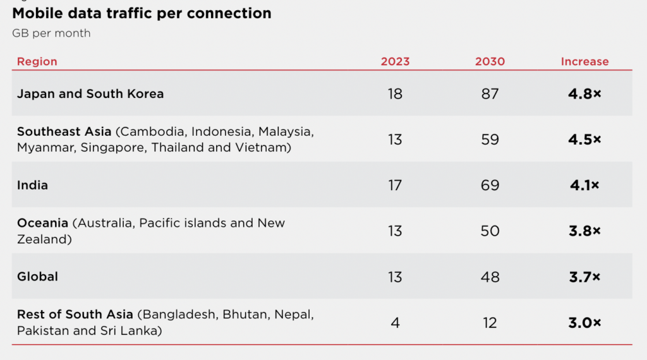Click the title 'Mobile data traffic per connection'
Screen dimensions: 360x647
[142, 13]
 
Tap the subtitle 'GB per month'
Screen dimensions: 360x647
[51, 33]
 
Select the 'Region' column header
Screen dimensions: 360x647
[37, 61]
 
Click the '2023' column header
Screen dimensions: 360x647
[395, 61]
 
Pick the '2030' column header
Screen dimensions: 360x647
[490, 61]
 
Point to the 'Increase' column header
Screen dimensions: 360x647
[584, 61]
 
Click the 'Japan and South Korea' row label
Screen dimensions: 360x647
[90, 93]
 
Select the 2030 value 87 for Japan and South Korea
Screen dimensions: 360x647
[490, 94]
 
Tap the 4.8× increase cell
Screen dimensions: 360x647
[584, 94]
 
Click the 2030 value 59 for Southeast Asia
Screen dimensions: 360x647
[490, 140]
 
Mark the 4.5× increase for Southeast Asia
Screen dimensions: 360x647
[584, 140]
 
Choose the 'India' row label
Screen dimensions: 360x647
[32, 185]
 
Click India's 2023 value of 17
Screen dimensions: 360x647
[395, 186]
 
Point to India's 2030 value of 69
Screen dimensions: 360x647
[490, 186]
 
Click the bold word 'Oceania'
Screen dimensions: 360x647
[42, 223]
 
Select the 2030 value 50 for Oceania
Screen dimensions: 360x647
[490, 231]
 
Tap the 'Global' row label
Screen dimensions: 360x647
[37, 276]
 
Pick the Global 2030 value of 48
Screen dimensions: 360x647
[490, 277]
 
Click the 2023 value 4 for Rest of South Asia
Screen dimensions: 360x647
[395, 323]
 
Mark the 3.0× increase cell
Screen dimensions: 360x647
[584, 323]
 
